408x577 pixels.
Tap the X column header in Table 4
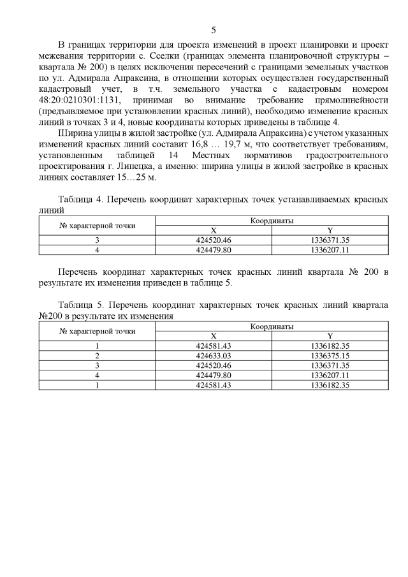point(214,230)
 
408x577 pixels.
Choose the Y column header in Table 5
point(330,335)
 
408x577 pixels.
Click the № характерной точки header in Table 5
point(98,330)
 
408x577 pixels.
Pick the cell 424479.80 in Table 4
point(214,250)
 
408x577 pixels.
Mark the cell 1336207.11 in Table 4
point(330,250)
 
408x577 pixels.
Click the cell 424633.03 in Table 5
point(214,355)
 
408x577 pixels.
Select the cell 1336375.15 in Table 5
point(330,355)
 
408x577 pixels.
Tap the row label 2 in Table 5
point(98,355)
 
